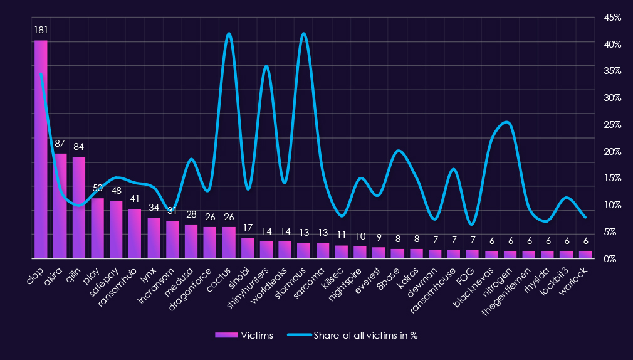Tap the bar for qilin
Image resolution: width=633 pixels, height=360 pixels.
78,208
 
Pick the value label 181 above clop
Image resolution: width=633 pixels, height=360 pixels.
41,29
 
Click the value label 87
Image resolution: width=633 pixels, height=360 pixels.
60,144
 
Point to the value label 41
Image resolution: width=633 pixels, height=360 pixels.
135,198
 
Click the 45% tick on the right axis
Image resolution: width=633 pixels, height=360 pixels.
612,18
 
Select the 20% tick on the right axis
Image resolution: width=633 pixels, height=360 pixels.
612,152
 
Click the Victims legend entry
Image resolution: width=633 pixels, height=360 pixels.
244,336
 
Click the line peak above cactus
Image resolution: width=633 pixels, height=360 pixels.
229,33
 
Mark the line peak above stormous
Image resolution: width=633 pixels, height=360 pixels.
304,33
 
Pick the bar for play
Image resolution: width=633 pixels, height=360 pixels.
97,228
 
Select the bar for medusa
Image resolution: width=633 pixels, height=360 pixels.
191,241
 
